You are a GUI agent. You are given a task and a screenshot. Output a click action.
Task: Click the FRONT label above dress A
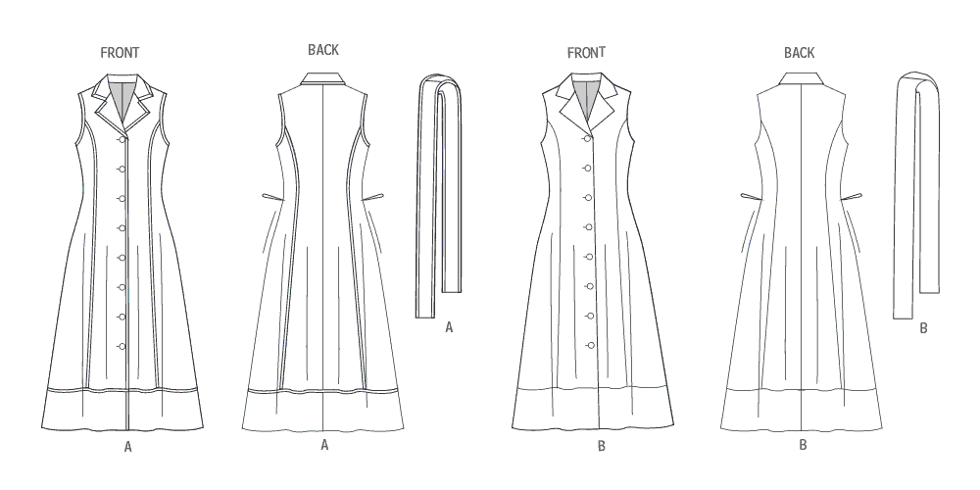coord(120,53)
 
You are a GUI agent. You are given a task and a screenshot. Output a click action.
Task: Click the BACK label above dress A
coord(323,50)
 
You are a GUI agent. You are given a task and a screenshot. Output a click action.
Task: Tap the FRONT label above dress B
coord(586,53)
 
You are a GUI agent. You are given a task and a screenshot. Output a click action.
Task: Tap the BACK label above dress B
coord(799,53)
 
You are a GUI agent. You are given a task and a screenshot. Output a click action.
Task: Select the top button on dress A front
coord(122,139)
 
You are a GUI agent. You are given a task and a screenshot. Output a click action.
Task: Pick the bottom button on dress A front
coord(122,346)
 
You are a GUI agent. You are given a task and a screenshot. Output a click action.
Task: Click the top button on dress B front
coord(588,139)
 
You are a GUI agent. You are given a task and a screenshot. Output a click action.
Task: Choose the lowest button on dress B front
coord(590,345)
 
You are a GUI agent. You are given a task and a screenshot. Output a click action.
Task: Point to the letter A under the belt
coord(449,327)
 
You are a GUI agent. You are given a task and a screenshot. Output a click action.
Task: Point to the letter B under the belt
coord(924,328)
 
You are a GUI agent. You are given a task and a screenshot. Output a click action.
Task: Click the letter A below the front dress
coord(128,447)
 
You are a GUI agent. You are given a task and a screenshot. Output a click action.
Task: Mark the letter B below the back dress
coord(804,445)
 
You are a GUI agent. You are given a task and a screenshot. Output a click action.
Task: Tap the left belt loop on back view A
coord(272,198)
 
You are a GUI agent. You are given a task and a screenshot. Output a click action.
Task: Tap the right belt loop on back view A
coord(373,198)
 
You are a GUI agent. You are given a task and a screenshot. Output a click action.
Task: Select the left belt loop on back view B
coord(752,198)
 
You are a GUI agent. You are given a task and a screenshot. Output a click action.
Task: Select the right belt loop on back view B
coord(852,198)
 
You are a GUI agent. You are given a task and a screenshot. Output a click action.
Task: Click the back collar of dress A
coord(322,78)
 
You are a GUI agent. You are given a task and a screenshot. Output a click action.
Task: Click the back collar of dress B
coord(801,78)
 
